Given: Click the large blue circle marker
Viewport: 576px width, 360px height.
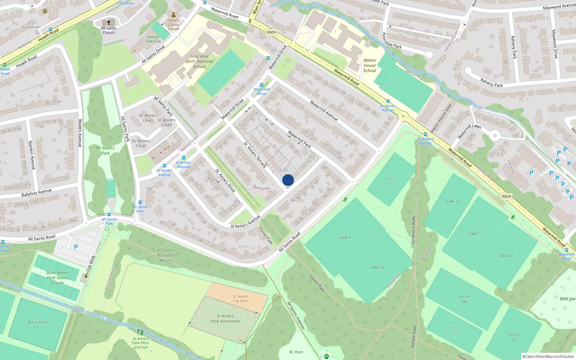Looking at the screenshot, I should [x=288, y=180].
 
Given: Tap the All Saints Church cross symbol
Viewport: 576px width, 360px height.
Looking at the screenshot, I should [x=108, y=22].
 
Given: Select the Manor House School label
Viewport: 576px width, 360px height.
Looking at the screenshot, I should [x=370, y=66].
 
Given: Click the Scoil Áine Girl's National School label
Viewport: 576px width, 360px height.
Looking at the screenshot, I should [x=199, y=61].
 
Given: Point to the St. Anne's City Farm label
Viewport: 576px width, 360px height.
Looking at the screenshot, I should [x=240, y=299].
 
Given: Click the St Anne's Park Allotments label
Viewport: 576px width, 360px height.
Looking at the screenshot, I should [x=225, y=319].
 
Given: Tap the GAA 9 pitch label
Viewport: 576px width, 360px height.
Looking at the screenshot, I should [x=345, y=238].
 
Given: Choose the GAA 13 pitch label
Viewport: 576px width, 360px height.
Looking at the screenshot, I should [x=475, y=234].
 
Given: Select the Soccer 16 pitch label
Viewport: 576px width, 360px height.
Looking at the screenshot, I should [x=514, y=337].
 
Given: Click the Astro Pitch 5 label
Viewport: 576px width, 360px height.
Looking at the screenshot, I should [x=38, y=325].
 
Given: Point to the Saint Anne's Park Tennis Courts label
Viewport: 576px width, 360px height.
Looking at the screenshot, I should [x=58, y=278].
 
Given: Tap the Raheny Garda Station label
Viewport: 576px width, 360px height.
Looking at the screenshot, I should [x=174, y=24].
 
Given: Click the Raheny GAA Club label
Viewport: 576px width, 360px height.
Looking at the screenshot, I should [x=153, y=39].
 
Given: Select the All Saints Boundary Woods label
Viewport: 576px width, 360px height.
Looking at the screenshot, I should [x=166, y=255].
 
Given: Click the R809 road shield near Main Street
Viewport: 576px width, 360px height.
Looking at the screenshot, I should [x=271, y=32].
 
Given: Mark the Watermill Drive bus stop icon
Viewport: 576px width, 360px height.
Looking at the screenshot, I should [x=262, y=85].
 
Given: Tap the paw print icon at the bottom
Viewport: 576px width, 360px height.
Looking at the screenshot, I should [x=327, y=356].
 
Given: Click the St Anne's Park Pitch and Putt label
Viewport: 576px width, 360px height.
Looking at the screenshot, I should [x=141, y=343].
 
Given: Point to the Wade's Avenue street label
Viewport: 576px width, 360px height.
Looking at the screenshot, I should [x=80, y=133].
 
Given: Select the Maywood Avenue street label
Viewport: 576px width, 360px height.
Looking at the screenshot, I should [x=559, y=6].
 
